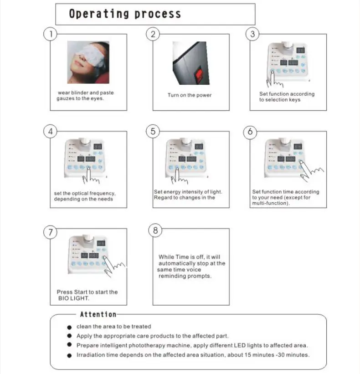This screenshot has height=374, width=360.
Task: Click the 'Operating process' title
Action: coord(124,14)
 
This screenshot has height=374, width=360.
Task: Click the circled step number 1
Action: coord(50,34)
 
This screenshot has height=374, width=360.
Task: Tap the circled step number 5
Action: coord(153,131)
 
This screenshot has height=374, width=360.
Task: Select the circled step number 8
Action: coord(155,230)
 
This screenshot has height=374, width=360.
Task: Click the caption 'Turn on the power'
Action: coord(190,95)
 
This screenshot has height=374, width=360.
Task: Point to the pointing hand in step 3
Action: coord(275,79)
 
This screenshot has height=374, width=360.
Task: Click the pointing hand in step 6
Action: coord(311,172)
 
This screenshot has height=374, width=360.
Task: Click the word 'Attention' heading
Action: coord(98,314)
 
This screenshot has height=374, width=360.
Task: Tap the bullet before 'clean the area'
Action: coord(69,327)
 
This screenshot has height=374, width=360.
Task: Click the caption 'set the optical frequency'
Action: coord(84,193)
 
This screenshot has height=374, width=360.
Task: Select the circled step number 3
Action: coord(252,34)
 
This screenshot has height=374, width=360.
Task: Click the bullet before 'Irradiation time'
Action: coord(69,355)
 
